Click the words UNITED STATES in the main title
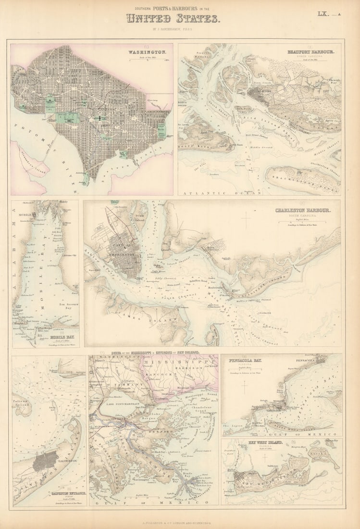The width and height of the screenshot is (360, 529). pos(173,19)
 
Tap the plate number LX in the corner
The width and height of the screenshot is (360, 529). pos(323,14)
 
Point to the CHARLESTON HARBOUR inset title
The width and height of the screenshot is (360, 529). pos(302,210)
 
